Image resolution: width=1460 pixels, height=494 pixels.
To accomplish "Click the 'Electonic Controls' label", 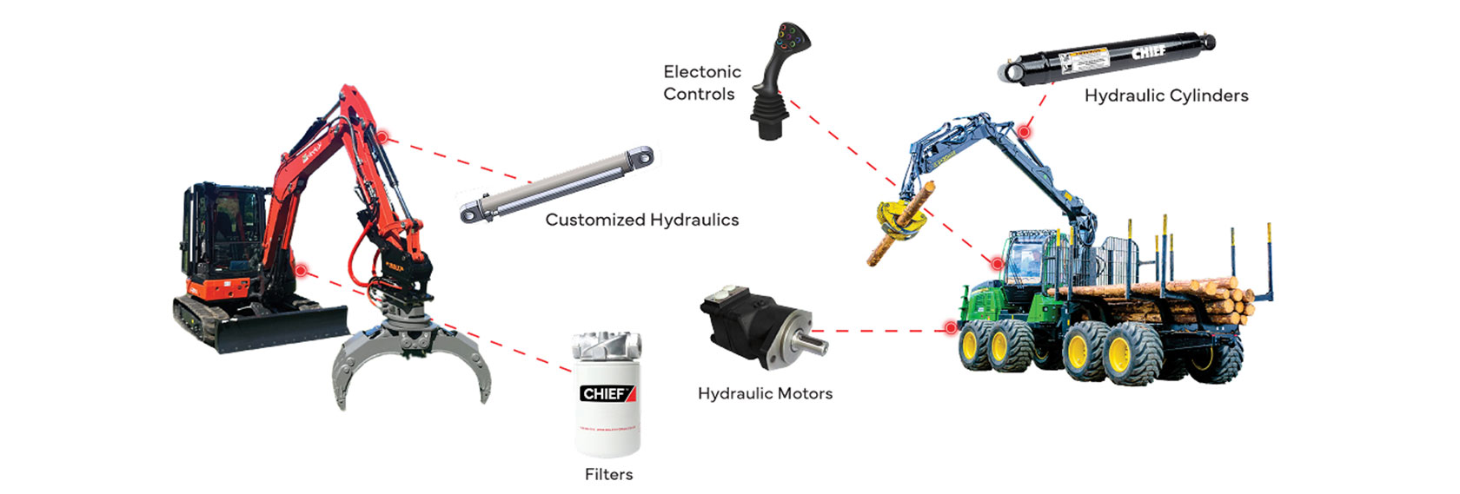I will [x=702, y=82].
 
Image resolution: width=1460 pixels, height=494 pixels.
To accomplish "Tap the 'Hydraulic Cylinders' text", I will [x=1165, y=96].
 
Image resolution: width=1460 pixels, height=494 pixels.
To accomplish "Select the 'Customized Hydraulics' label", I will [x=641, y=220].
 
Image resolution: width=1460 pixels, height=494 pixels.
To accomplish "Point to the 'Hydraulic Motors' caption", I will [x=765, y=393].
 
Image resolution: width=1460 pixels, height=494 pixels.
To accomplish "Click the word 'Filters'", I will [x=608, y=474].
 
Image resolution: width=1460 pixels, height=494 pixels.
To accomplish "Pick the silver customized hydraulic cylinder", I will [x=556, y=185].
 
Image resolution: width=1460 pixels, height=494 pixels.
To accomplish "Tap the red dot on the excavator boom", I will [x=381, y=136].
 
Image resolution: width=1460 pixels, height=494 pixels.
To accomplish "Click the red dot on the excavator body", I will [x=301, y=271].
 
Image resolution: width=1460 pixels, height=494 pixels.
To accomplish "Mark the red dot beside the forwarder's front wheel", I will [x=951, y=328].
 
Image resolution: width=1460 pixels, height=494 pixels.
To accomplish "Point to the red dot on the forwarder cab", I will [x=998, y=262].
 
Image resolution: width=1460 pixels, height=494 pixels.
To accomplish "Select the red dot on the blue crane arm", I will [x=1025, y=132].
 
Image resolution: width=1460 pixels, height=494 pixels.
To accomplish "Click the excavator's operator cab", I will [x=224, y=230].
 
